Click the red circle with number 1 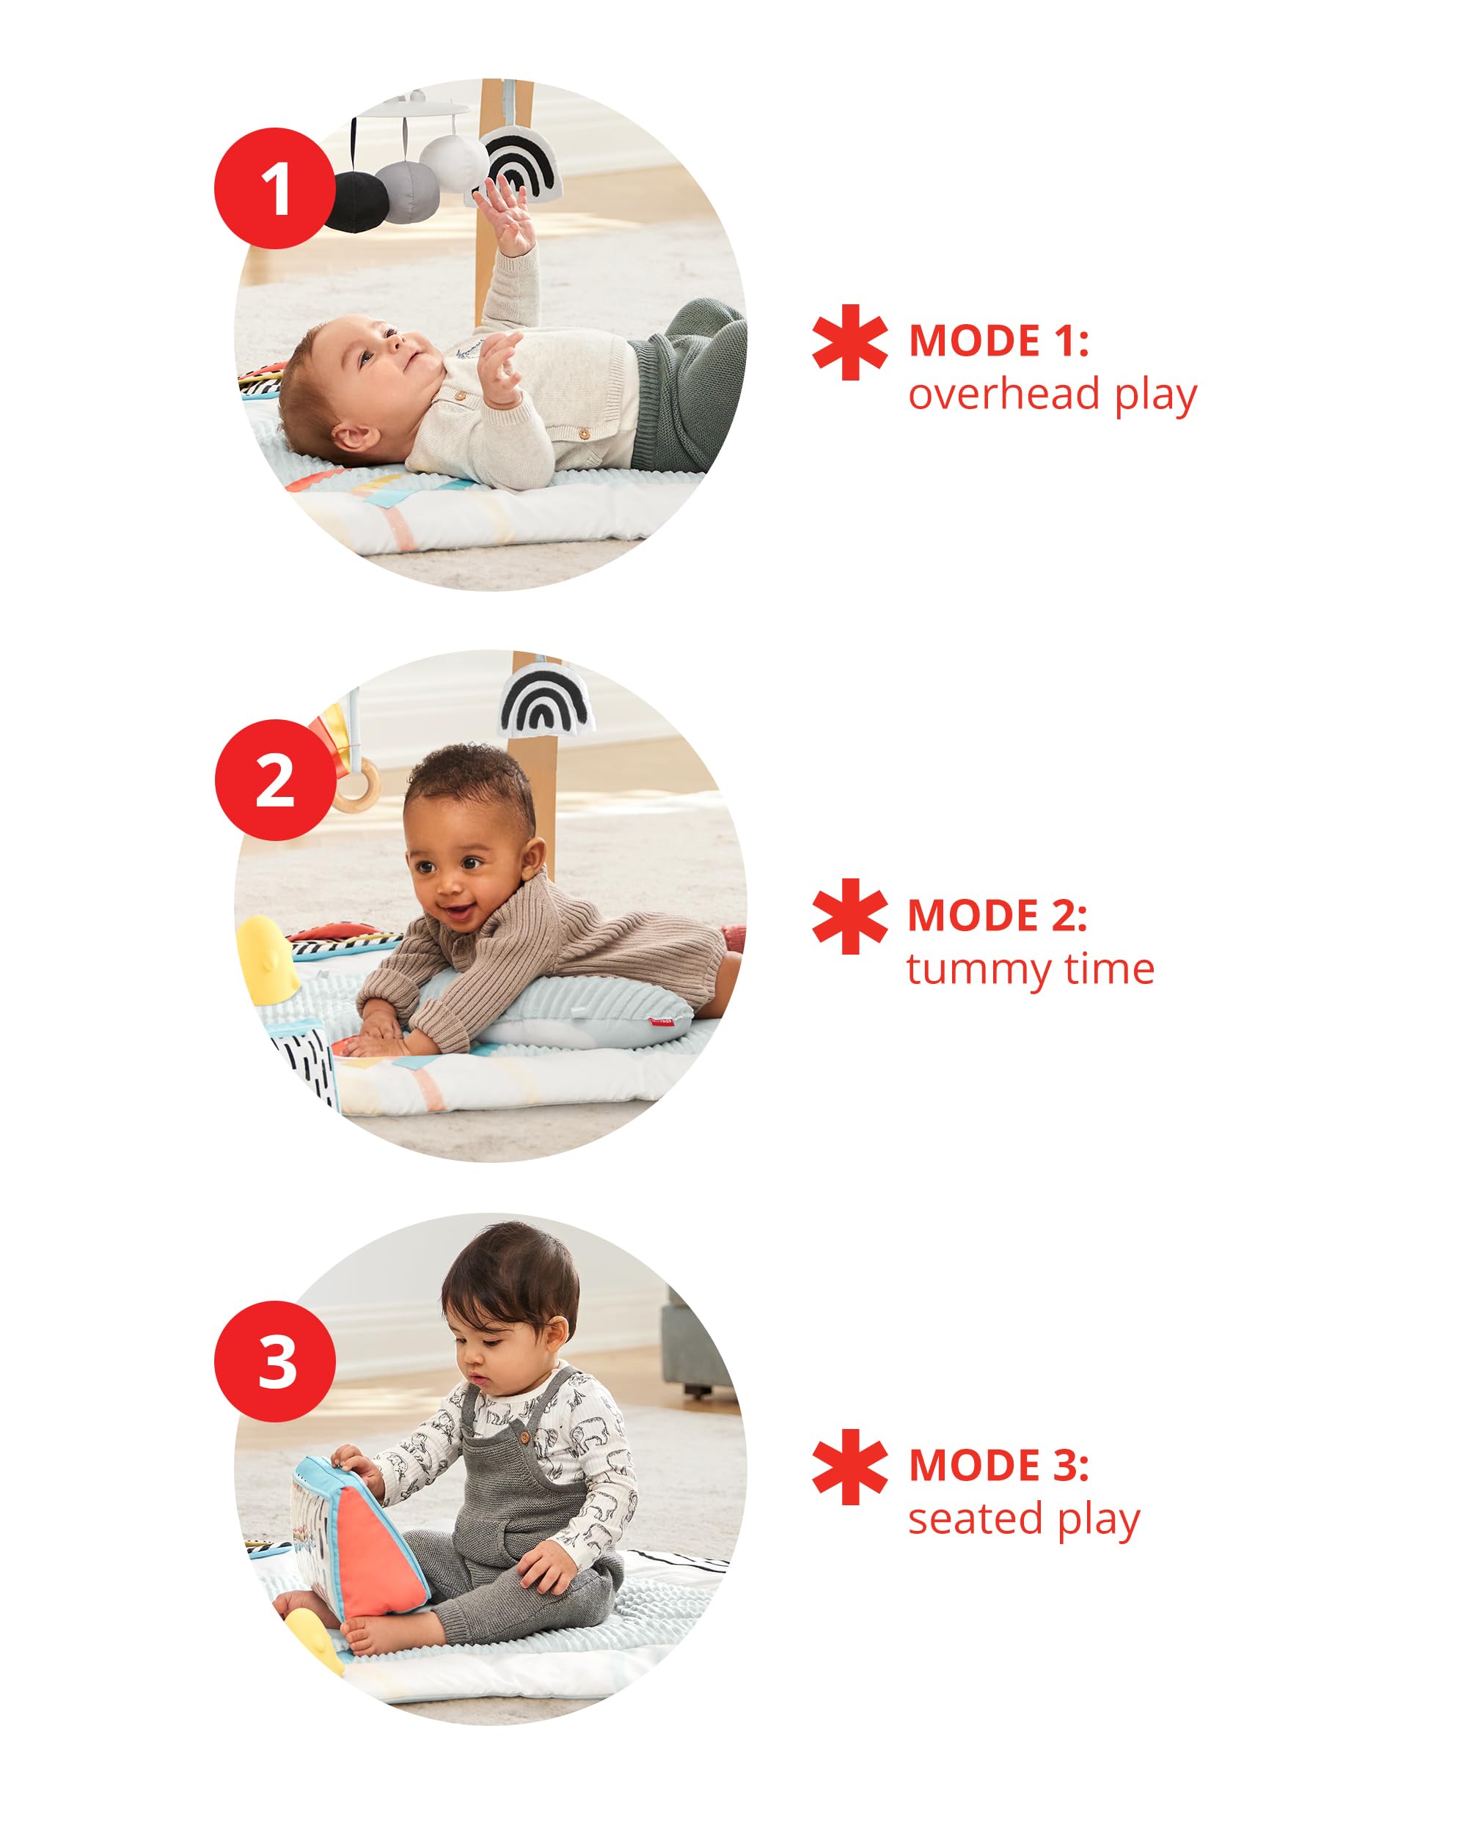tap(274, 188)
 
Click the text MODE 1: tap(998, 341)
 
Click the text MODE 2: tap(998, 916)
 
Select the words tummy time tap(1030, 969)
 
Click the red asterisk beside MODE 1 tap(849, 342)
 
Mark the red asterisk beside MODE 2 tap(849, 916)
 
